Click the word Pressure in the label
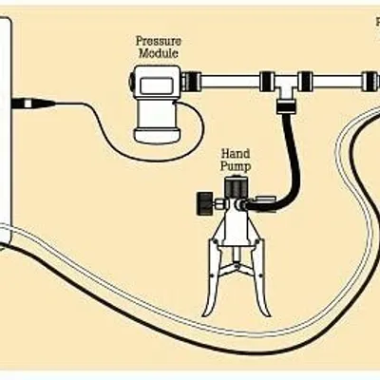(x=159, y=41)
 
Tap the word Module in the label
(x=159, y=53)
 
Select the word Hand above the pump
(x=236, y=154)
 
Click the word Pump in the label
(x=236, y=166)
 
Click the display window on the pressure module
(x=157, y=85)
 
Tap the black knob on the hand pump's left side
(x=205, y=203)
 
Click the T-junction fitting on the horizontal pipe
(x=286, y=85)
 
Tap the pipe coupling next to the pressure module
(x=191, y=82)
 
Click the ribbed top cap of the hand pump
(x=236, y=188)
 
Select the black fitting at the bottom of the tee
(x=287, y=107)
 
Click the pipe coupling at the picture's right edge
(x=370, y=82)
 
